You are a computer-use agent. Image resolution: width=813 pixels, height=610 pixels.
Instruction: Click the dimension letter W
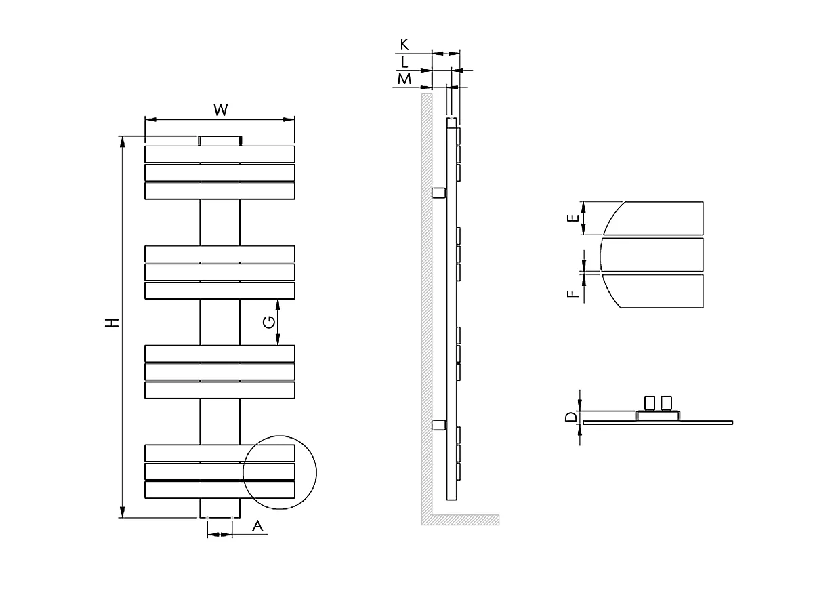(220, 110)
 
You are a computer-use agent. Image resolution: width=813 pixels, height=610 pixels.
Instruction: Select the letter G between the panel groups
(269, 321)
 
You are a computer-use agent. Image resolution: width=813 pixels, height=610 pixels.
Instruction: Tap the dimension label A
(257, 526)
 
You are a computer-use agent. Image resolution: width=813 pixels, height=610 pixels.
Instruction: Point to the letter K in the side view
(404, 45)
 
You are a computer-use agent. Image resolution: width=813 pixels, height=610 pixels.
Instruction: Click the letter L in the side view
(404, 62)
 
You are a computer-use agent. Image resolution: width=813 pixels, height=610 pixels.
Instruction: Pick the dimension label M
(404, 79)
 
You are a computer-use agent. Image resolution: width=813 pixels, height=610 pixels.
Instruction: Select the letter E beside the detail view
(573, 218)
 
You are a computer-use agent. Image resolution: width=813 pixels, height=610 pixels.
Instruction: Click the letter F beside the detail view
(573, 293)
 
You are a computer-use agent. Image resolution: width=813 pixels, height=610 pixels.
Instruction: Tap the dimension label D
(571, 416)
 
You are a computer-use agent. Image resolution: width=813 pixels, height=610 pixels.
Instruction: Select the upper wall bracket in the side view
(439, 193)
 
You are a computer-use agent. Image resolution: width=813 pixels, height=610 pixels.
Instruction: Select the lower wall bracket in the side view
(439, 425)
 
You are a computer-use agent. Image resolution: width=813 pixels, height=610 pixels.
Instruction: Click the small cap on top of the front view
(220, 141)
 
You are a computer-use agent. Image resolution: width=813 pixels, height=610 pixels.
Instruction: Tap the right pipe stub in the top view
(667, 403)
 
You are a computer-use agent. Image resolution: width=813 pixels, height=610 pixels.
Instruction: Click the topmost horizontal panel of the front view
(220, 154)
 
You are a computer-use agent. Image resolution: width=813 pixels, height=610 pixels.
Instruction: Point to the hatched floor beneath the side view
(461, 520)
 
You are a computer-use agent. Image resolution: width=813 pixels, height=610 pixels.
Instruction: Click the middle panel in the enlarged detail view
(652, 254)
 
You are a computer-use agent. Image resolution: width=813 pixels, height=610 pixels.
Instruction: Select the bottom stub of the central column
(220, 508)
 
